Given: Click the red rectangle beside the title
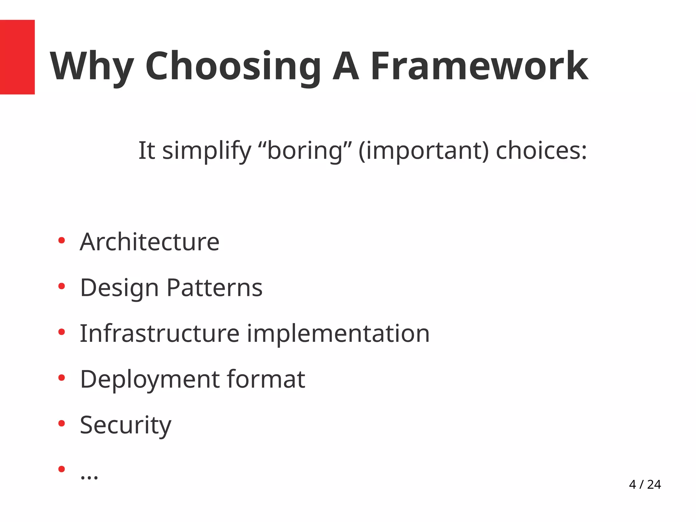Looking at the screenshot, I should [x=17, y=57].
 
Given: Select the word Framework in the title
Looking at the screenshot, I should [x=479, y=66].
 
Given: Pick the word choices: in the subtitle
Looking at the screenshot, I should [x=541, y=151].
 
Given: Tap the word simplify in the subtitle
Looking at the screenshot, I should [x=206, y=151].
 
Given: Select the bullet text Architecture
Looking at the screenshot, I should [x=150, y=242].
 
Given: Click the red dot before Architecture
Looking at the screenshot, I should [x=62, y=241].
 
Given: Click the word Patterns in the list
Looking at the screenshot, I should [x=214, y=288].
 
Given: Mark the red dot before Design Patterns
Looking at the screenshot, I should [x=62, y=286].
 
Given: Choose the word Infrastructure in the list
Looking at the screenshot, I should [x=160, y=333].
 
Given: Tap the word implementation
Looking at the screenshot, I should [x=338, y=333].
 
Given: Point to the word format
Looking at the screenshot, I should [x=266, y=379].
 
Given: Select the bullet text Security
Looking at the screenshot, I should [x=125, y=425].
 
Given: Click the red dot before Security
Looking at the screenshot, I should [x=62, y=423].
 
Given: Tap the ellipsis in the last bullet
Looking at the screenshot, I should [x=89, y=476].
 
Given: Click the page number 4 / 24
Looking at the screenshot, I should [x=645, y=484].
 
